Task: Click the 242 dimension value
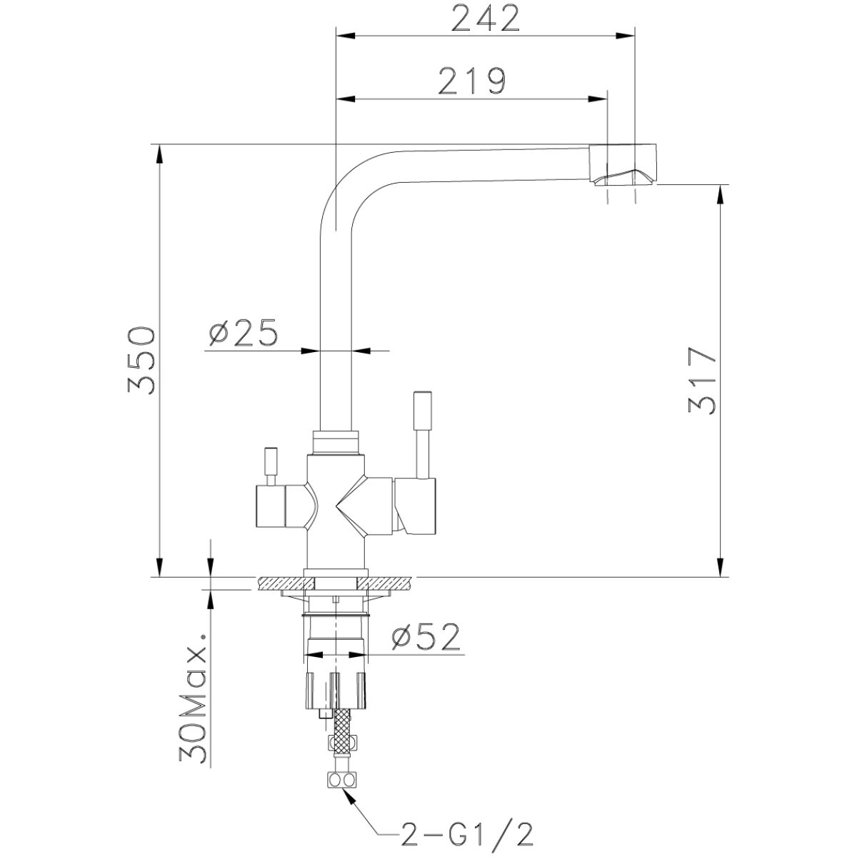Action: pos(486,19)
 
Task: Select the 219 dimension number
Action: pos(473,81)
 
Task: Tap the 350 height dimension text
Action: pos(141,361)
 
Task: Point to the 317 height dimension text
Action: pos(702,381)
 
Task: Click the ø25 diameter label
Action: pos(243,333)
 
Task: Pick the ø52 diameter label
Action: pos(426,637)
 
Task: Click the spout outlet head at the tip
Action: pos(623,164)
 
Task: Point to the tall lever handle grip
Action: pos(422,411)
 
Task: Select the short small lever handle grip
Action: pos(271,461)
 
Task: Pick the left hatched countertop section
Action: pos(286,583)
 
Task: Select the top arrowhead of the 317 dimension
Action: pos(721,194)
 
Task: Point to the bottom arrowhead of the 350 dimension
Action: pos(159,567)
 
